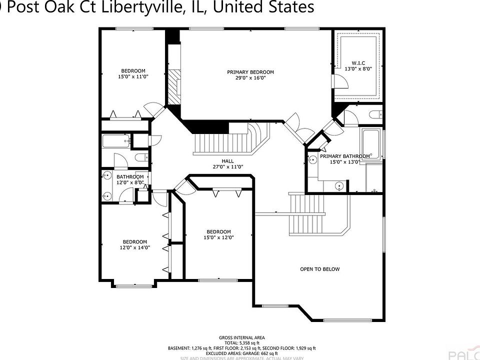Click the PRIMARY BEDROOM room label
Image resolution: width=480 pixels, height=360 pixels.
point(250,72)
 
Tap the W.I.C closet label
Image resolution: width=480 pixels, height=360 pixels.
point(358,63)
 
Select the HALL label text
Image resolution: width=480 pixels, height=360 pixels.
point(228,161)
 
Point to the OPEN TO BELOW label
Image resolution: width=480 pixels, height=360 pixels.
point(319,269)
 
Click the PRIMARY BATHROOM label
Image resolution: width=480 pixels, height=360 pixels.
point(345,156)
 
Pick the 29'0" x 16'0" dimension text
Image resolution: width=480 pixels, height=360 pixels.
point(250,78)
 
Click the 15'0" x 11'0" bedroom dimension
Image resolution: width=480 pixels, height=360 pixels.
point(133,76)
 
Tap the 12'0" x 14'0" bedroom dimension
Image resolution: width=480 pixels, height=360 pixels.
point(135,247)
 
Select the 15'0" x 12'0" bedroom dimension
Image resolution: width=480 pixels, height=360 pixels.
point(219,237)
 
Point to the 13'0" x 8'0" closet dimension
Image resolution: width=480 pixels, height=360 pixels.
point(358,69)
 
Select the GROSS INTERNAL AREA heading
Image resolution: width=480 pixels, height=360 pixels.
point(242,337)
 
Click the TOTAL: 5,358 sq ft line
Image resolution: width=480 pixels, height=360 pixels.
point(242,342)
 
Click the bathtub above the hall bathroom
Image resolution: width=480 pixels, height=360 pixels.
point(115,141)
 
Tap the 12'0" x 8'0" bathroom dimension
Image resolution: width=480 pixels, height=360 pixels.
point(130,182)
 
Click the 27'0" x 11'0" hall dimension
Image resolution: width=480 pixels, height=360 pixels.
point(228,167)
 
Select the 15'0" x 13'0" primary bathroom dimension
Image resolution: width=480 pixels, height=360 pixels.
point(345,161)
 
